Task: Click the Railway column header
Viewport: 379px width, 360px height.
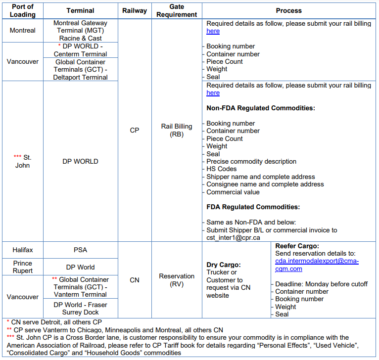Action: [135, 10]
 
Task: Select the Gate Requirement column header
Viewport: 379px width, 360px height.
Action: [177, 10]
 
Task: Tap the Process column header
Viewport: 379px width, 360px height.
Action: [289, 10]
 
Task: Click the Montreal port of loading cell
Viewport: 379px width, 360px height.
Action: [23, 31]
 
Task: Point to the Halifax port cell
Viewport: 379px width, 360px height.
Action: [23, 250]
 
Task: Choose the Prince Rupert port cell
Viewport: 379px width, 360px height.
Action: [23, 267]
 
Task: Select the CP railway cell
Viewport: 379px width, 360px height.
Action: [135, 131]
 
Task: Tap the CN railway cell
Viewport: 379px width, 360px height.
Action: [135, 280]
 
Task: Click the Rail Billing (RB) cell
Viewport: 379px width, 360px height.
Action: [177, 131]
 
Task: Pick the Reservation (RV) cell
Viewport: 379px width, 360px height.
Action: [177, 280]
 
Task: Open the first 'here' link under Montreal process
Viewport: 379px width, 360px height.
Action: [213, 31]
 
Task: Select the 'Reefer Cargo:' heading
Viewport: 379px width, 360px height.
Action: [297, 246]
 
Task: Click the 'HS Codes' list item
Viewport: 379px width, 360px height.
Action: [221, 169]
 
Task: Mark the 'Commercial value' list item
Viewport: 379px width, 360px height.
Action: [233, 192]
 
